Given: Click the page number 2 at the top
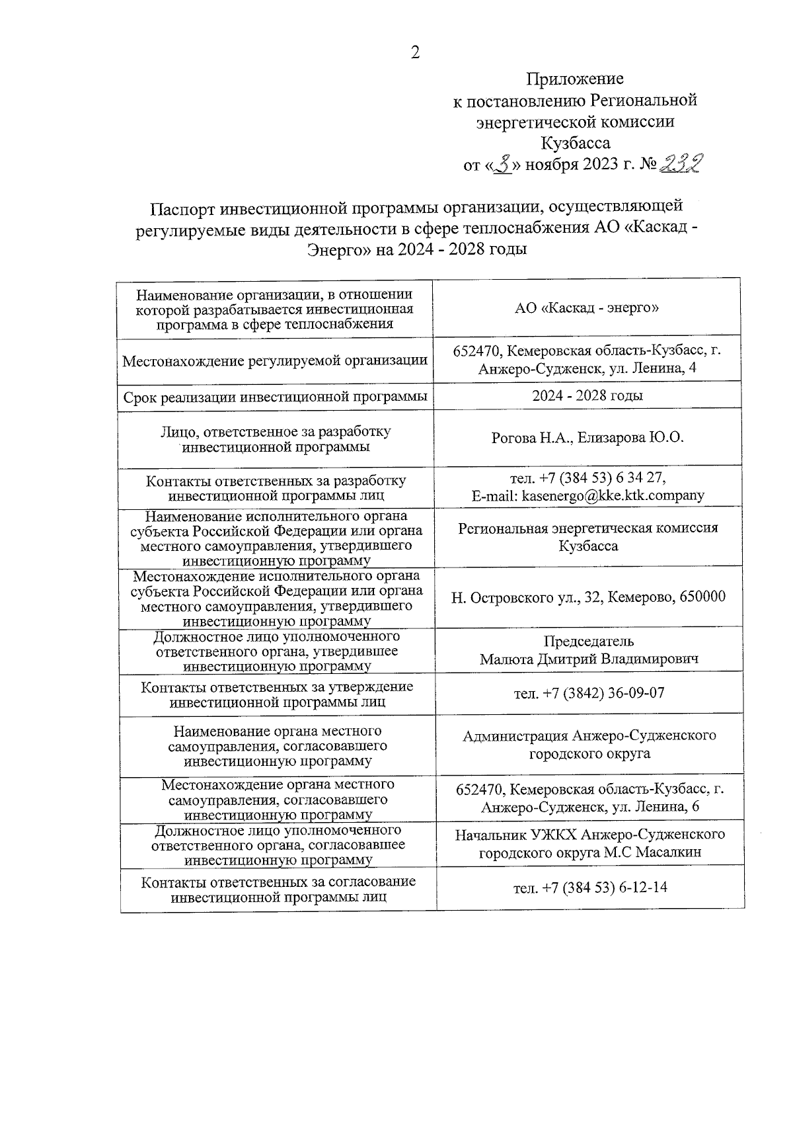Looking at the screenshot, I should (415, 53).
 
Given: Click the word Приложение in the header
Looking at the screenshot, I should (574, 79).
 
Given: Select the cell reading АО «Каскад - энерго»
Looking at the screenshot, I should (587, 308).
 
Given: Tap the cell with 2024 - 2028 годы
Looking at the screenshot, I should (587, 395).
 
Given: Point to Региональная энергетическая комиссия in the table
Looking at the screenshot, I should (587, 528).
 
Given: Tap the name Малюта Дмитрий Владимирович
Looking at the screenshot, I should (589, 659).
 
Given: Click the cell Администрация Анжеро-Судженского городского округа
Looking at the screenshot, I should (588, 745).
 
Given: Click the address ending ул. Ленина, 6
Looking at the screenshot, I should (589, 808).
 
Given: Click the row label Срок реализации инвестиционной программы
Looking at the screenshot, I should (275, 397).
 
